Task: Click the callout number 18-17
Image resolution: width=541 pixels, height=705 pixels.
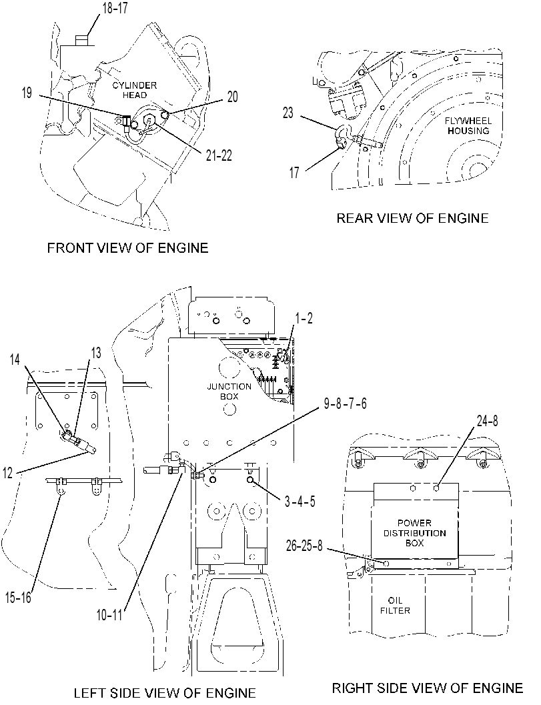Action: click(x=115, y=8)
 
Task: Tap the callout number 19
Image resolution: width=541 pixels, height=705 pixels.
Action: click(x=27, y=93)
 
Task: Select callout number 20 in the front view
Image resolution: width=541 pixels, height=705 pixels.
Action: click(x=233, y=97)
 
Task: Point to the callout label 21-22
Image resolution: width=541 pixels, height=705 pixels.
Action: click(x=219, y=155)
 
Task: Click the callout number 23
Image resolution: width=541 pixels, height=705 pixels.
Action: click(x=288, y=113)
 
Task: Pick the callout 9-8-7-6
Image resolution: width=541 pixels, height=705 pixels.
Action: click(x=345, y=404)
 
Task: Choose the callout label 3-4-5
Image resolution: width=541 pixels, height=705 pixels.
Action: click(x=300, y=501)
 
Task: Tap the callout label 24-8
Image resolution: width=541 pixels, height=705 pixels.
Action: click(x=487, y=422)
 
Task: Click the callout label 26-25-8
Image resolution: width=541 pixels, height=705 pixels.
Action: click(x=304, y=546)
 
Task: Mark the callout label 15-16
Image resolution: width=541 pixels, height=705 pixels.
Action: click(x=19, y=597)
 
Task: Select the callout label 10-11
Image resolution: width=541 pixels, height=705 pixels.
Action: click(x=109, y=615)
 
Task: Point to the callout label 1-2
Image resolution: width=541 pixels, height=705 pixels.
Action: click(x=304, y=318)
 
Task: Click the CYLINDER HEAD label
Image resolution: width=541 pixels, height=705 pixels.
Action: click(x=135, y=90)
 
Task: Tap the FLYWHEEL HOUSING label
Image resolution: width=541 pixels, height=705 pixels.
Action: click(x=468, y=126)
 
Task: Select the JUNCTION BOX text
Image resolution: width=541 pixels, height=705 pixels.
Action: click(x=229, y=391)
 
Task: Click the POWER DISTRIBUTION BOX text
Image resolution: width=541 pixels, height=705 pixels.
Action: click(x=415, y=533)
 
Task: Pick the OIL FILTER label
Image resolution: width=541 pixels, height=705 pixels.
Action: click(x=396, y=605)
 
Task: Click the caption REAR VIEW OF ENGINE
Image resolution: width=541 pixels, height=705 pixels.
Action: click(x=412, y=219)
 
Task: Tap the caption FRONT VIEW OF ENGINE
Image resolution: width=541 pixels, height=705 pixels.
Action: click(x=127, y=247)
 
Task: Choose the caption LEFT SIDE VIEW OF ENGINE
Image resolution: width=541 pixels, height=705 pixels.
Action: click(x=165, y=693)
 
